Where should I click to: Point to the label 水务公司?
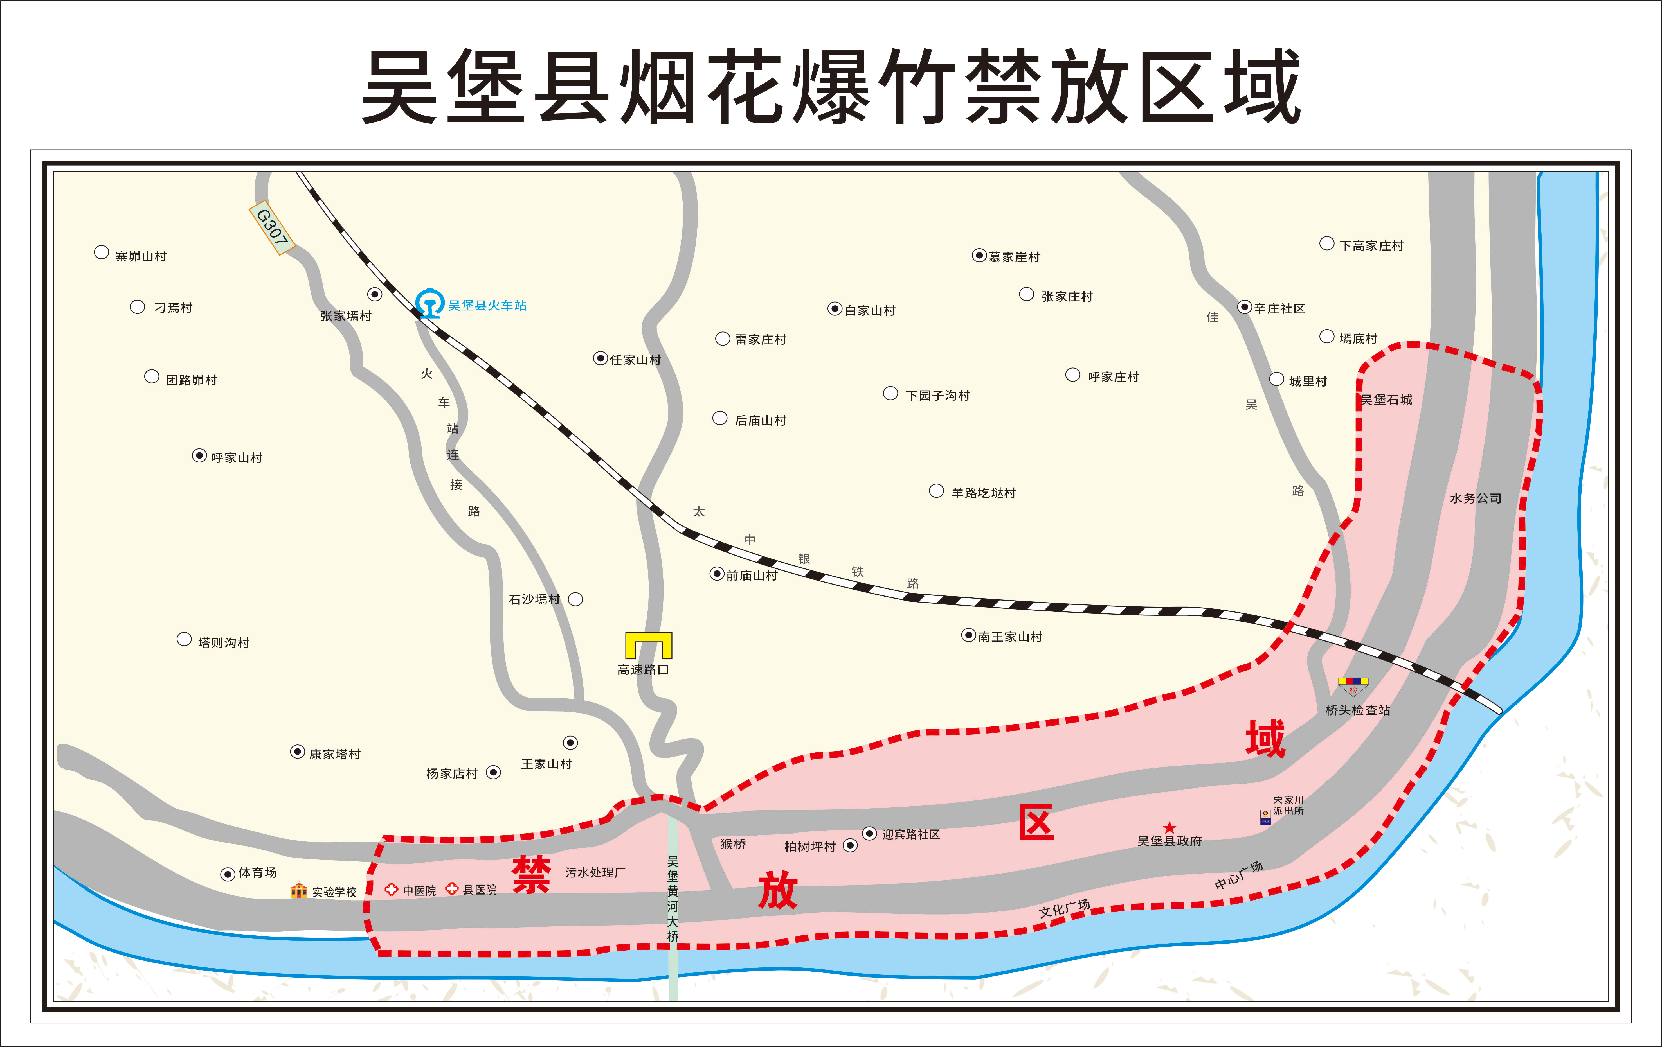[x=1476, y=498]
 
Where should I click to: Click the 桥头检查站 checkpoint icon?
[x=1353, y=686]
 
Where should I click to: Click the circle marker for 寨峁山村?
[x=102, y=252]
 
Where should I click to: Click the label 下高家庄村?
[x=1371, y=245]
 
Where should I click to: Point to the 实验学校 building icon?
[x=299, y=890]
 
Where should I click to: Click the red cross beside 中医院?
[x=391, y=889]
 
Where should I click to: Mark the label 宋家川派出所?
[x=1288, y=805]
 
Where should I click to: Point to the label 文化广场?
[x=1064, y=908]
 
